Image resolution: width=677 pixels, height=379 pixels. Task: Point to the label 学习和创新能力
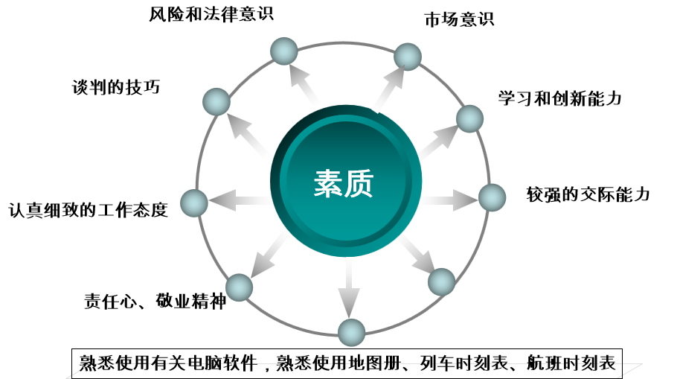(559, 98)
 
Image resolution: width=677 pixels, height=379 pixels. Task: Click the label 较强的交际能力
(588, 195)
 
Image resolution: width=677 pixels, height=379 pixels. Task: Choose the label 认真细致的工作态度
(88, 210)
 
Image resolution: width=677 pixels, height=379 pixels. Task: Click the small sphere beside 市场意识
(408, 57)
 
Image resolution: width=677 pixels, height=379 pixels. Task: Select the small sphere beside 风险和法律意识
(283, 51)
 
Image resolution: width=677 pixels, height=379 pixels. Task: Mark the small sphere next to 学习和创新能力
(469, 118)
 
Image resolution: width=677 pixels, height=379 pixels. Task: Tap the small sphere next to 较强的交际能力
(492, 197)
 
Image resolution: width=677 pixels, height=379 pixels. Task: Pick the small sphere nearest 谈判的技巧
(216, 101)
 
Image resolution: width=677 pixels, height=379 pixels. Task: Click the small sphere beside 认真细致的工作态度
(194, 203)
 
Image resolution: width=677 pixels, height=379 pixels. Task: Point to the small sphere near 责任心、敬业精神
(239, 287)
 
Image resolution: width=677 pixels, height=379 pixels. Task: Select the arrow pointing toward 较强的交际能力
(451, 200)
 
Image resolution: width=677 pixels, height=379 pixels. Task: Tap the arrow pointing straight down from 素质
(347, 290)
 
